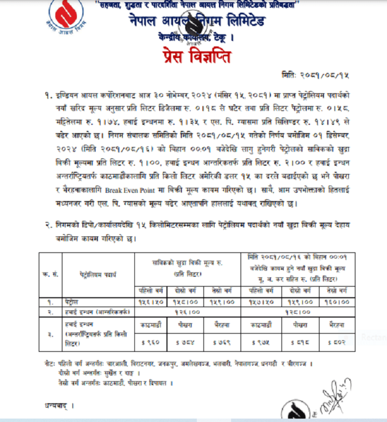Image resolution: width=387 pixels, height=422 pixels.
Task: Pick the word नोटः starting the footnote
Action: (50, 364)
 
